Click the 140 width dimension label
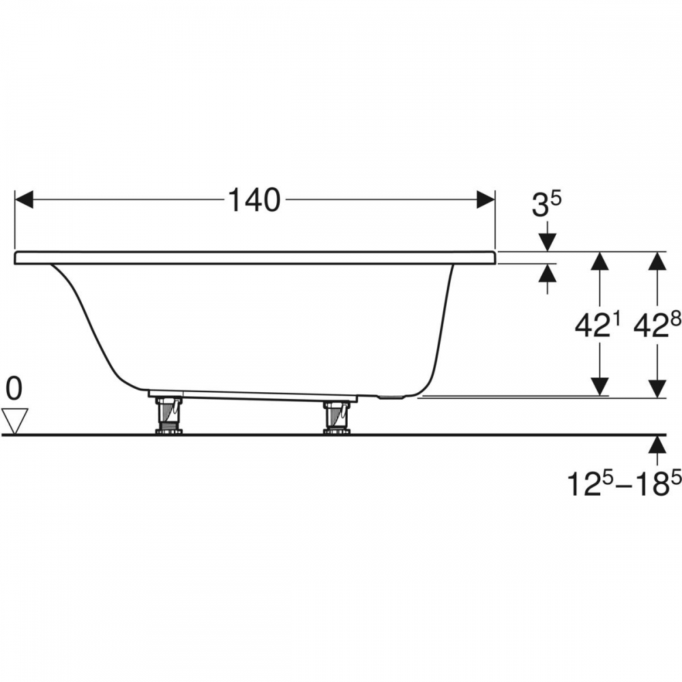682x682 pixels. [254, 201]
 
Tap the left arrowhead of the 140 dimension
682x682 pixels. [25, 200]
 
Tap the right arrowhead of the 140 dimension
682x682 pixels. [486, 200]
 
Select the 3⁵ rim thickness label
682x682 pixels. [547, 205]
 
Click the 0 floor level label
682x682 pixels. [14, 389]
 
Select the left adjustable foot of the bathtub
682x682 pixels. [168, 415]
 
